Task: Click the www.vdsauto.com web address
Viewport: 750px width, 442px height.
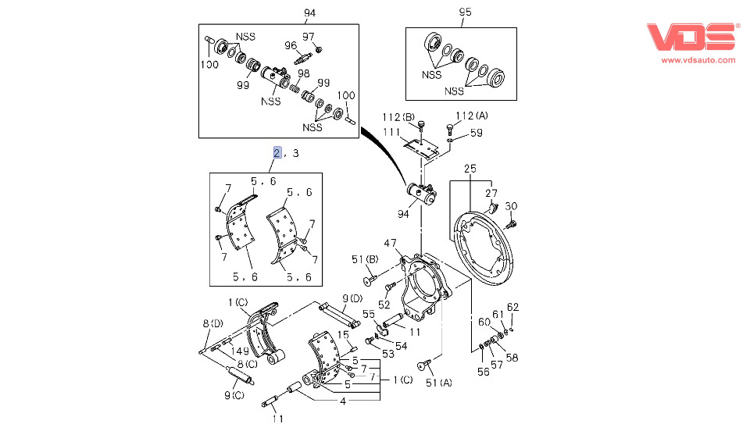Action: pyautogui.click(x=698, y=60)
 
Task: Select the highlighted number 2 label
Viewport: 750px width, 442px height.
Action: pyautogui.click(x=277, y=152)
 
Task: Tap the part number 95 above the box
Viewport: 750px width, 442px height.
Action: pyautogui.click(x=465, y=12)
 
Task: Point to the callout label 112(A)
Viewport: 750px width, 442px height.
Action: pyautogui.click(x=472, y=116)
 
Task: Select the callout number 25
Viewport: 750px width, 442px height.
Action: pyautogui.click(x=470, y=169)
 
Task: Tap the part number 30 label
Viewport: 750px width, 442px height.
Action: pyautogui.click(x=511, y=206)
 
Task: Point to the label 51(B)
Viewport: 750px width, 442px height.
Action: pyautogui.click(x=364, y=260)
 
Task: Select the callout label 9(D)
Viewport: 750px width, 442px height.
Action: pyautogui.click(x=352, y=298)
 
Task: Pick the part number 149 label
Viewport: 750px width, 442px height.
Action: pyautogui.click(x=239, y=351)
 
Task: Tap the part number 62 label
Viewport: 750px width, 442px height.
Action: pyautogui.click(x=512, y=306)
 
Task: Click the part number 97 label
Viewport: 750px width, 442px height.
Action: pyautogui.click(x=309, y=37)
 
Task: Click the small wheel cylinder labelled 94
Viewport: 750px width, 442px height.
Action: pyautogui.click(x=419, y=193)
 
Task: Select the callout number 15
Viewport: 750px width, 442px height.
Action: pyautogui.click(x=343, y=334)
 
